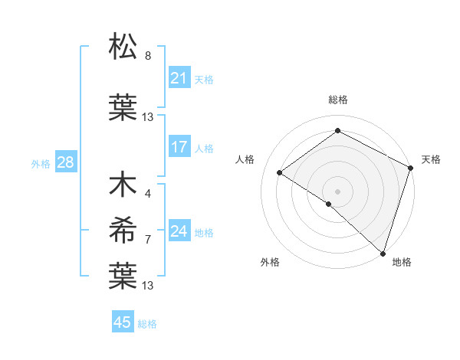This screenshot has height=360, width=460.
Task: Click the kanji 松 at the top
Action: (x=123, y=47)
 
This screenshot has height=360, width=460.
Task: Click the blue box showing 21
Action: (x=179, y=78)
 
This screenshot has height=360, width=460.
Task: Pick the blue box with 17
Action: (x=179, y=147)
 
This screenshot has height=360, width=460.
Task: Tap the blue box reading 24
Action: (x=179, y=231)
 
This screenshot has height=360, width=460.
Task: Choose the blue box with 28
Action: (x=65, y=162)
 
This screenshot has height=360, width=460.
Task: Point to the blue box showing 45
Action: (x=123, y=322)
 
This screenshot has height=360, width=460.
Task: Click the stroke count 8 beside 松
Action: (x=148, y=56)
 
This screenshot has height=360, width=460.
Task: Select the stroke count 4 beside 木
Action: (x=148, y=194)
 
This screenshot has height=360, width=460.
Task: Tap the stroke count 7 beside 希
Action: (x=148, y=240)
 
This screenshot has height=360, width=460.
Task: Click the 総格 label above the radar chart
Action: (x=337, y=100)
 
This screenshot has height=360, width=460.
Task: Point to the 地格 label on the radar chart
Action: (x=402, y=262)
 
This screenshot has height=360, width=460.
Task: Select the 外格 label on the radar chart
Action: (x=270, y=262)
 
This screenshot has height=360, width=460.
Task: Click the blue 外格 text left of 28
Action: (x=41, y=163)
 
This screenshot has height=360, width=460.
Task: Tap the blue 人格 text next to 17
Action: (x=204, y=148)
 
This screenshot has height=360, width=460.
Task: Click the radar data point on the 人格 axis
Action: (x=280, y=173)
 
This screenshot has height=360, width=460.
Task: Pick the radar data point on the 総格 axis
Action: (x=337, y=130)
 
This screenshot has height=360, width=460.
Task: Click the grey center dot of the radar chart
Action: (x=337, y=191)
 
